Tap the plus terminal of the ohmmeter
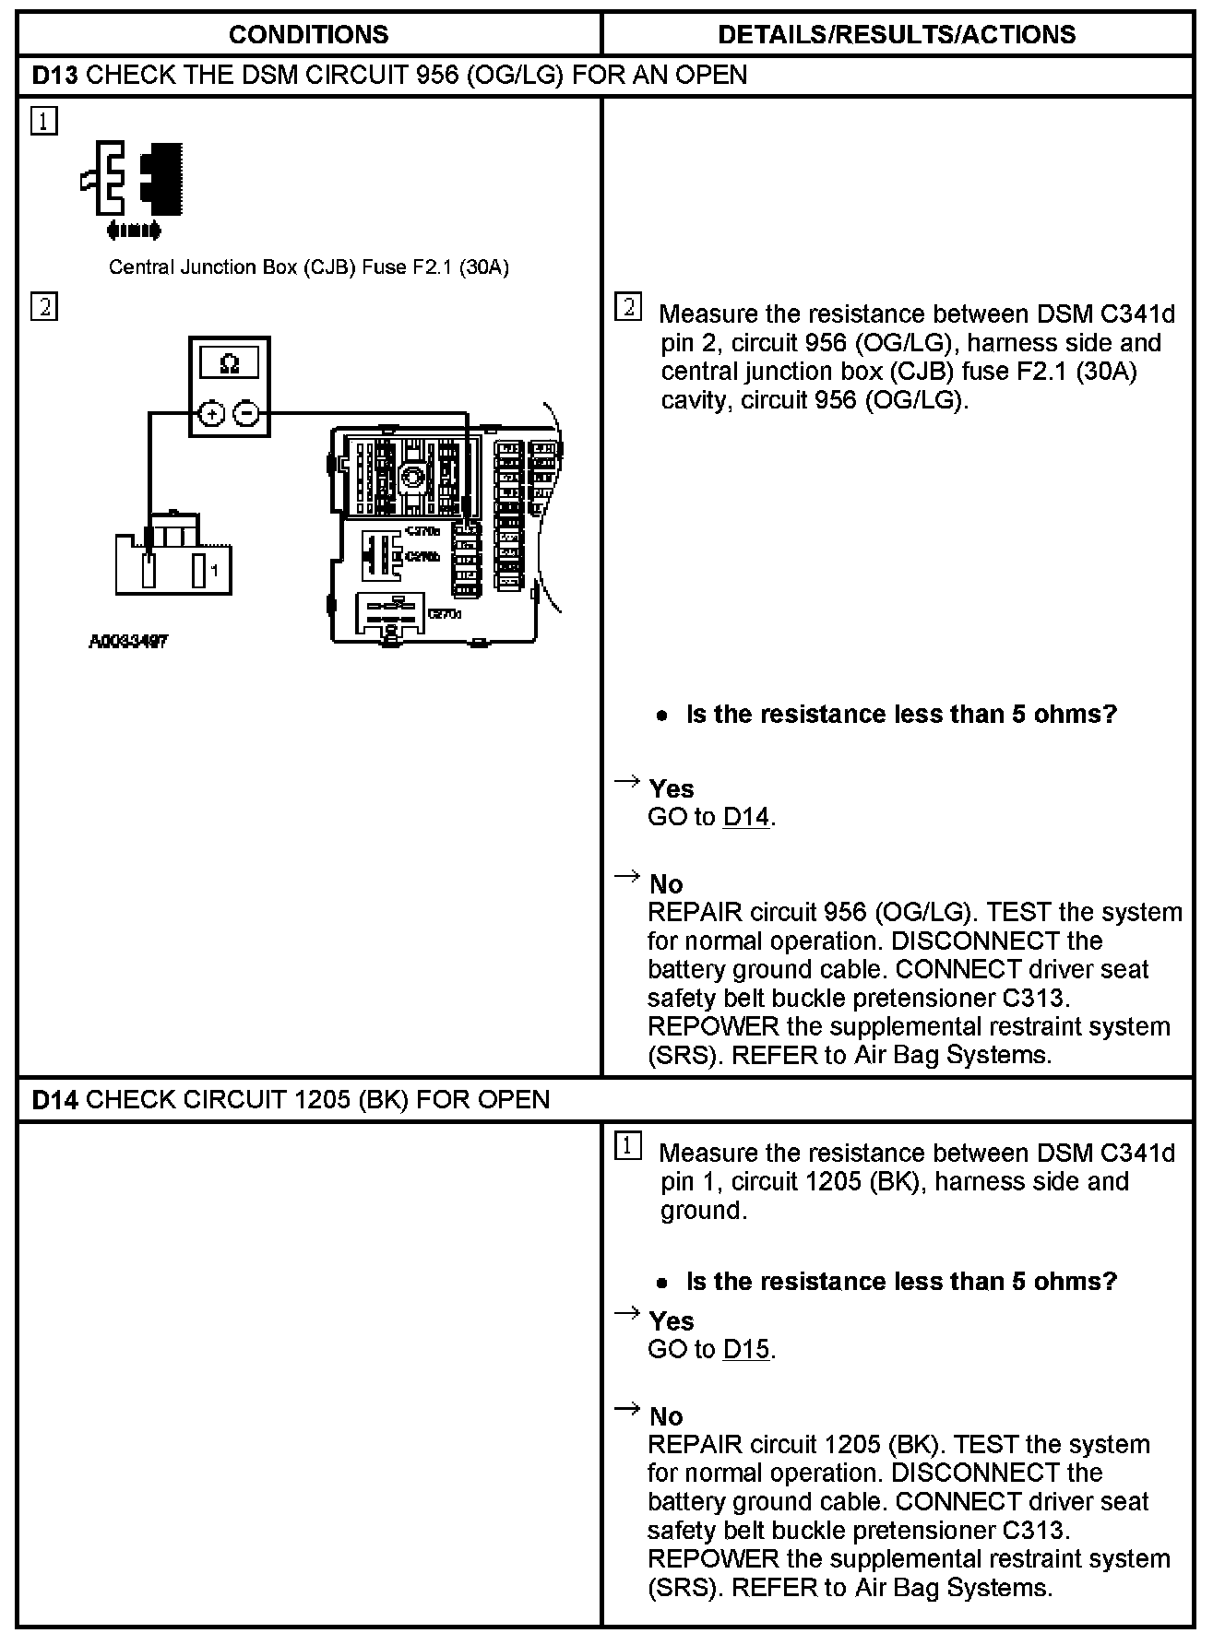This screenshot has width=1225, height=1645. coord(213,414)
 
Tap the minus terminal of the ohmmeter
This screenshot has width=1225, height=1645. coord(245,414)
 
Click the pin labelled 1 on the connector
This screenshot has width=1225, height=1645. coord(199,572)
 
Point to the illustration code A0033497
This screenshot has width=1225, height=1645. coord(128,641)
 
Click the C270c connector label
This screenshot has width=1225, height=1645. coord(445,613)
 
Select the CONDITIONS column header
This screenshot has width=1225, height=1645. coord(308,35)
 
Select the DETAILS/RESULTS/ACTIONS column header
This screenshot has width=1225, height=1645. coord(896,35)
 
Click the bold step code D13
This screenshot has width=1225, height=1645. coord(54,75)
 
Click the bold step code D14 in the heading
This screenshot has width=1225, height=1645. coord(54,1099)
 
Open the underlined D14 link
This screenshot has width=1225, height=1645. coord(746,817)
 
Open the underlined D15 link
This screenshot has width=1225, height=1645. coord(746,1349)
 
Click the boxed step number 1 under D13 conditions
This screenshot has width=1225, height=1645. coord(43,121)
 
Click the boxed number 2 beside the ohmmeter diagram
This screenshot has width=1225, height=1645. coord(43,306)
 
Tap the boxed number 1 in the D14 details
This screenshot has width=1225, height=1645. coord(627,1147)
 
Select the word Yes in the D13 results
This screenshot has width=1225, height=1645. coord(672,789)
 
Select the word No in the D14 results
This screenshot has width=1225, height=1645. coord(666,1416)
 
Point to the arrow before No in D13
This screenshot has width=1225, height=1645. coord(627,876)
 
